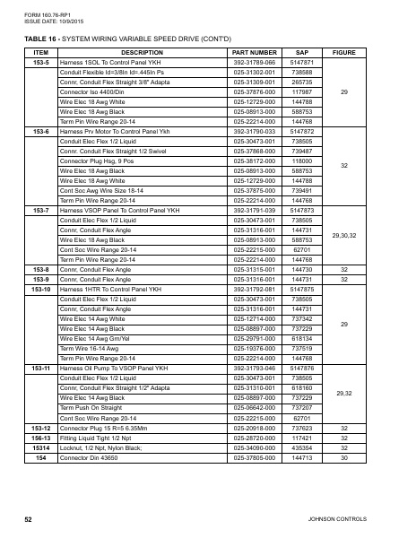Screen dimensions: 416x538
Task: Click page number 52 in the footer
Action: pyautogui.click(x=29, y=519)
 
